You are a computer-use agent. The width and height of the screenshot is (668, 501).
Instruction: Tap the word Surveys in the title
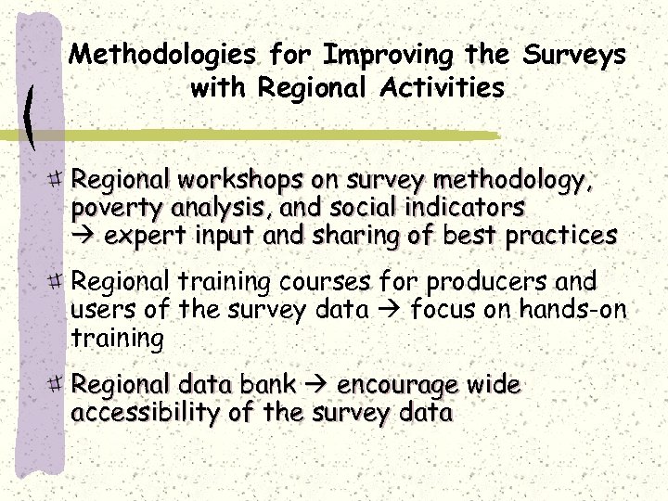click(574, 56)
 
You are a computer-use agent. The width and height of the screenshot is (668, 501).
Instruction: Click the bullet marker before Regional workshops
click(57, 177)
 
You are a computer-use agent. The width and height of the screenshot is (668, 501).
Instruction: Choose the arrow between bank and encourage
click(316, 385)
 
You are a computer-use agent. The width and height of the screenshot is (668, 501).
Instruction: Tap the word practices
click(561, 237)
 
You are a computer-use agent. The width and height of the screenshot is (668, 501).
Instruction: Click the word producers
click(479, 281)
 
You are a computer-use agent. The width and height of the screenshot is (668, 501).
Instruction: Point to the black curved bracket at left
click(33, 116)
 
